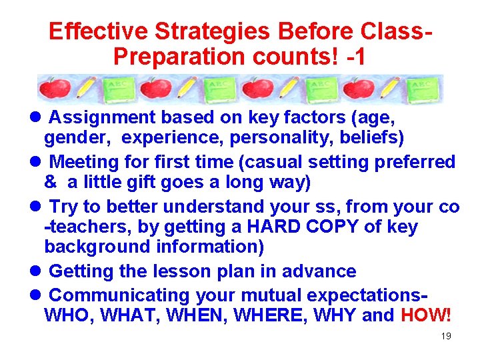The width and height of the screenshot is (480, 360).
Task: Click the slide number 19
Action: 446,336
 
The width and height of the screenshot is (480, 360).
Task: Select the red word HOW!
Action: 426,315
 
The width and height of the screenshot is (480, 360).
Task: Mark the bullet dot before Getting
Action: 37,271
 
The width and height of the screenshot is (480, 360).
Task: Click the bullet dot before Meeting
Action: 37,162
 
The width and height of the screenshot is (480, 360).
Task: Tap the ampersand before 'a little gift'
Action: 50,182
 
